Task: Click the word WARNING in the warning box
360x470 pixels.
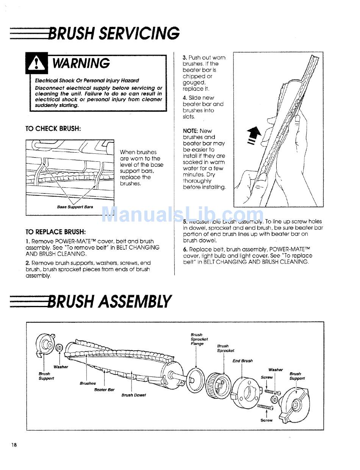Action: click(x=81, y=63)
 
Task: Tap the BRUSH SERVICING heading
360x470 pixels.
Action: click(x=114, y=33)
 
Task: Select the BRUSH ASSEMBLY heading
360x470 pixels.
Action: click(x=110, y=301)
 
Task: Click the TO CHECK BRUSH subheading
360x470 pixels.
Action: click(x=53, y=128)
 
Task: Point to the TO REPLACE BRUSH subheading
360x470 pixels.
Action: click(x=55, y=232)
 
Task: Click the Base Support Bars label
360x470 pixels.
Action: click(x=75, y=207)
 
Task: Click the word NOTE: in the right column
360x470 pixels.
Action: click(x=191, y=131)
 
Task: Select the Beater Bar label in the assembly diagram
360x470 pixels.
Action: click(x=104, y=390)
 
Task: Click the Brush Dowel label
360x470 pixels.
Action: click(x=133, y=395)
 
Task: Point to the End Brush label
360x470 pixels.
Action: click(x=243, y=361)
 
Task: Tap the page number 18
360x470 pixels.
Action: click(x=14, y=445)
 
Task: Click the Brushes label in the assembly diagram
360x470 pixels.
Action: click(x=88, y=383)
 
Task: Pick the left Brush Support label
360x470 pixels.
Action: click(x=46, y=376)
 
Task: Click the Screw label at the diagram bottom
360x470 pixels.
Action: click(x=266, y=420)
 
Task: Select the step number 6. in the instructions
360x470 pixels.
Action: click(x=185, y=250)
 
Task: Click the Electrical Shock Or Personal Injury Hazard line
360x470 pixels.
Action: click(x=87, y=81)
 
